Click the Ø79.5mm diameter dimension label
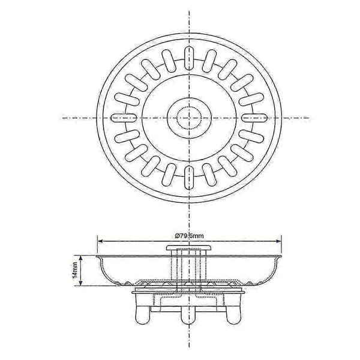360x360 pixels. click(x=189, y=236)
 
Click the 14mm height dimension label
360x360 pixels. click(x=75, y=270)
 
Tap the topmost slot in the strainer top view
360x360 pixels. click(x=189, y=58)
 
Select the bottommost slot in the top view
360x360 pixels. click(x=189, y=178)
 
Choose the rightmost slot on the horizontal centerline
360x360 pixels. click(x=254, y=118)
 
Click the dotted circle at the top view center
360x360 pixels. click(x=189, y=118)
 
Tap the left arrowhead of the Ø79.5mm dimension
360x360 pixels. click(x=100, y=241)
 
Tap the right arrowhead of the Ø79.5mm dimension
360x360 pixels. click(x=279, y=241)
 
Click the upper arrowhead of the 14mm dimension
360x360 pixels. click(x=80, y=258)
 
